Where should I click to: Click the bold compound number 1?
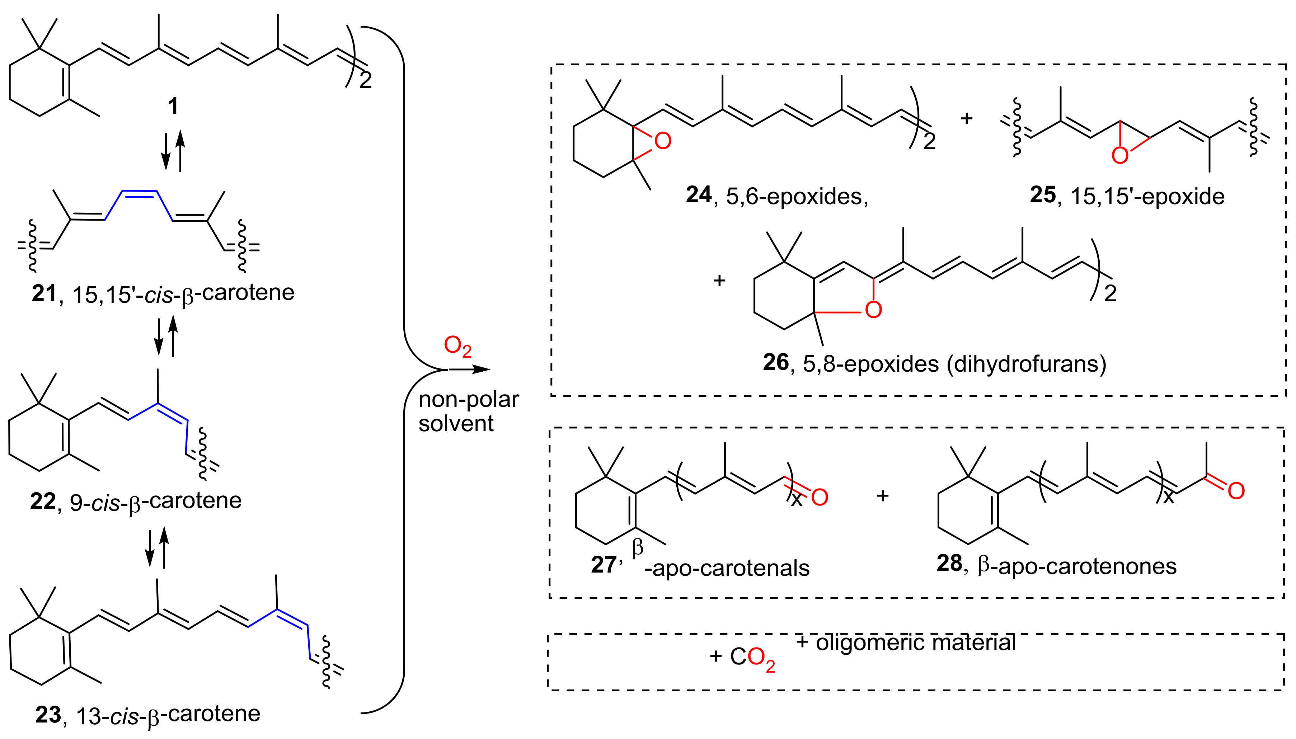click(173, 107)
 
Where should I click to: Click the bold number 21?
click(44, 293)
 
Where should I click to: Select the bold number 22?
click(43, 502)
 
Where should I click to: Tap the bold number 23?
click(48, 715)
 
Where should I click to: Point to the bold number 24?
click(699, 195)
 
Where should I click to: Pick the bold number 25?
click(1043, 195)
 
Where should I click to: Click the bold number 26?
click(776, 362)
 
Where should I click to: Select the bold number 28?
click(949, 563)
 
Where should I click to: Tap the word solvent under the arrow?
click(456, 423)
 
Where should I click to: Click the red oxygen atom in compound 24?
click(662, 141)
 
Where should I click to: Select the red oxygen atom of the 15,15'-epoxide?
click(1119, 155)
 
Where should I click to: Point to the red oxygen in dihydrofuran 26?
click(873, 310)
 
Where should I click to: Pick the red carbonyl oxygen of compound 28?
click(1236, 491)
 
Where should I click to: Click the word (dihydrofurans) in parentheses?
click(1027, 363)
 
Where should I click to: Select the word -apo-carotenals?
click(727, 569)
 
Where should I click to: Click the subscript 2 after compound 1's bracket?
click(365, 80)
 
